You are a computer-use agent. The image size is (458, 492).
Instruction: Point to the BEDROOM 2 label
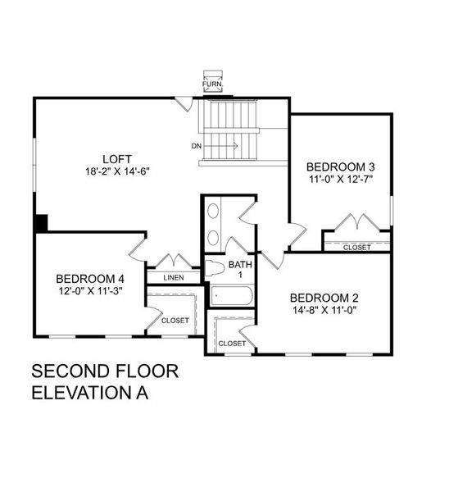pos(324,298)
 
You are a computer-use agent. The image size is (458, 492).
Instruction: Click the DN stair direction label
pos(197,146)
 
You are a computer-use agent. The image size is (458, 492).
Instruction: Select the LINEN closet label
pos(174,277)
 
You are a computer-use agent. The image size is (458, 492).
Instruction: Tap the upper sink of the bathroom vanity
pos(214,212)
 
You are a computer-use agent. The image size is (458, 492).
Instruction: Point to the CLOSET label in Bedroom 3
pos(356,247)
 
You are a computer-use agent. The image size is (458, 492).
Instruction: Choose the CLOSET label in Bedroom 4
pos(175,320)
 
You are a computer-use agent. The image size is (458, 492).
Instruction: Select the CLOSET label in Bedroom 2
pos(232,343)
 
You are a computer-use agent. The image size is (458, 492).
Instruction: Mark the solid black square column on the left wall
pos(41,223)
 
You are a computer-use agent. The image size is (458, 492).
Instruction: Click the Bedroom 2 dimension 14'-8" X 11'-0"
pos(324,310)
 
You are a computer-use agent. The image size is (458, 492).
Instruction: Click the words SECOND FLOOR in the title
pos(105,371)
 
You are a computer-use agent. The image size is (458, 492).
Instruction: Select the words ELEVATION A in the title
pos(90,393)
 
